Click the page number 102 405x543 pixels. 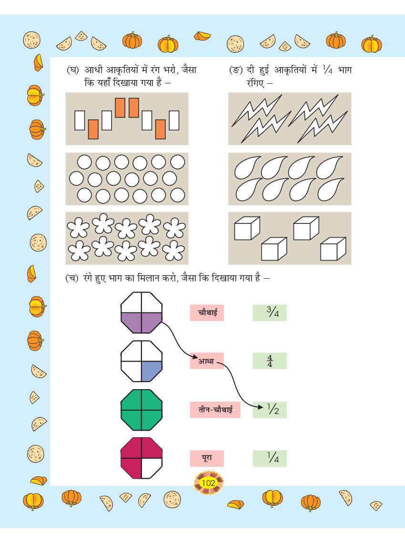pyautogui.click(x=209, y=483)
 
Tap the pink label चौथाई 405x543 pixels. pyautogui.click(x=207, y=313)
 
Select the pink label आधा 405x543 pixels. pyautogui.click(x=207, y=361)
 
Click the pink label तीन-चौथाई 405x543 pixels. pyautogui.click(x=215, y=410)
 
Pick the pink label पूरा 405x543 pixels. pyautogui.click(x=207, y=458)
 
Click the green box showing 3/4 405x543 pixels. pyautogui.click(x=270, y=313)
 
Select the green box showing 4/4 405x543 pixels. pyautogui.click(x=270, y=361)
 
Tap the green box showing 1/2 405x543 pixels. pyautogui.click(x=270, y=410)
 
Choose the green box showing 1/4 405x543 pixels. pyautogui.click(x=270, y=458)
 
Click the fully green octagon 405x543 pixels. pyautogui.click(x=142, y=410)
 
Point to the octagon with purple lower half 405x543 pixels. pyautogui.click(x=142, y=313)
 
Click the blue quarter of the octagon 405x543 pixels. pyautogui.click(x=151, y=371)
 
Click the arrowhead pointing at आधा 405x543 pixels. pyautogui.click(x=195, y=357)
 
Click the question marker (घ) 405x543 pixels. pyautogui.click(x=72, y=70)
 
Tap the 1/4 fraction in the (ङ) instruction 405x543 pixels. pyautogui.click(x=327, y=70)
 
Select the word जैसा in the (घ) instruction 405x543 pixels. pyautogui.click(x=189, y=70)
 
